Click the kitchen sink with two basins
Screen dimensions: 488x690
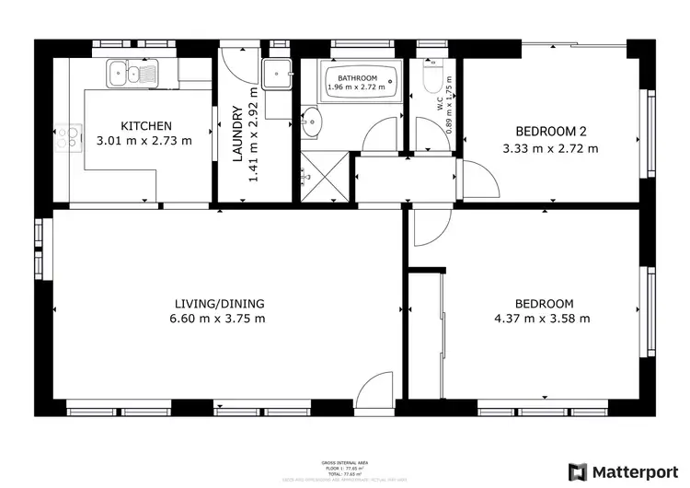click(132, 71)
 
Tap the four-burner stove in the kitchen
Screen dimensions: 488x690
click(66, 138)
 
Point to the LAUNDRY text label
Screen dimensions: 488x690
click(236, 134)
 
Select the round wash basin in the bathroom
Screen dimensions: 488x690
click(312, 122)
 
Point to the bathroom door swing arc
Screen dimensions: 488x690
click(381, 138)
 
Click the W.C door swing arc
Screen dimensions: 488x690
click(430, 138)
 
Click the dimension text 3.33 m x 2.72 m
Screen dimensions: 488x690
click(550, 148)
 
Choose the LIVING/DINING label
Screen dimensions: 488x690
click(220, 304)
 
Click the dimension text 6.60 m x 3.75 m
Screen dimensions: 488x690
click(219, 320)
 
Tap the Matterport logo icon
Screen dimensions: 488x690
click(579, 471)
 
